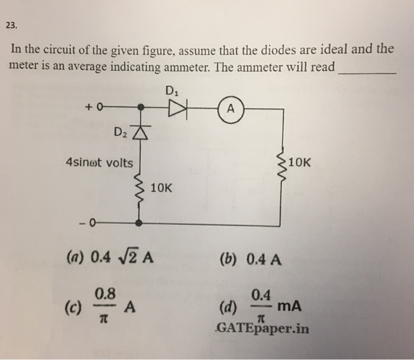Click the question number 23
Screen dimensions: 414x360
[12, 25]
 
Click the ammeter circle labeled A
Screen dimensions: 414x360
[231, 109]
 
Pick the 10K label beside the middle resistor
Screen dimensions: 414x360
[161, 189]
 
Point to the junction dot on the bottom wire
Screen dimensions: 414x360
[140, 223]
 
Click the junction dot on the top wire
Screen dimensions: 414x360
[140, 108]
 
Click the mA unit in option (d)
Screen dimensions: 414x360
[289, 306]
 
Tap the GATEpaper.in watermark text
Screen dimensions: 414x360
[263, 329]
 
